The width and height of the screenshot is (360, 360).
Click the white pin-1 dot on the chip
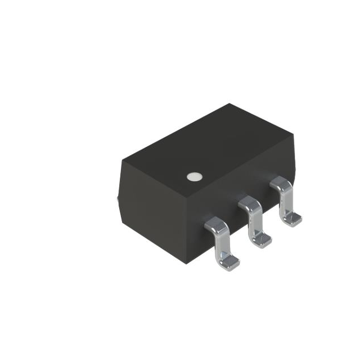194,177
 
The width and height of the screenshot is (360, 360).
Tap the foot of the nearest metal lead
229,260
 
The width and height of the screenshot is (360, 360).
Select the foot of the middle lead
262,241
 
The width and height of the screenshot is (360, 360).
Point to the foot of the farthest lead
291,220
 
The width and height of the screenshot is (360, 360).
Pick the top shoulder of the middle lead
248,204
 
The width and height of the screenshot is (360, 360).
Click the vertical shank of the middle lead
254,223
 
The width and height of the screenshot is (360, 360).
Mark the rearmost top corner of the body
229,103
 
